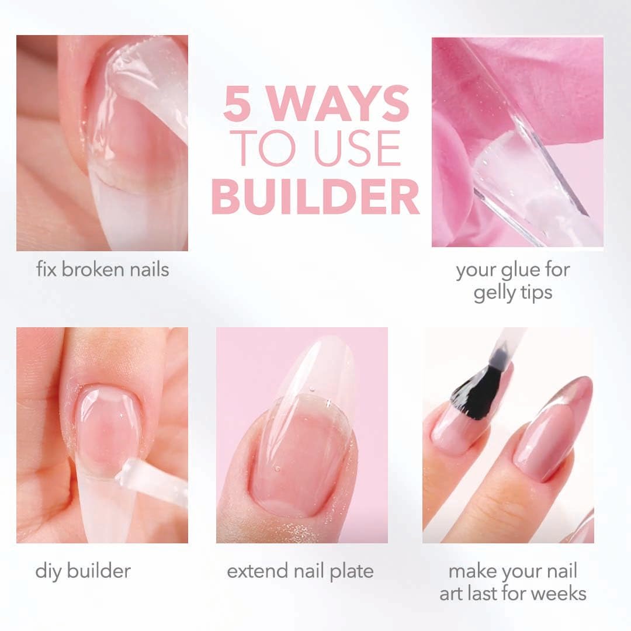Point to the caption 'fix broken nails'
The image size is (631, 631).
pyautogui.click(x=102, y=270)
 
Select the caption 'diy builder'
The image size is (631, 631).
pyautogui.click(x=83, y=571)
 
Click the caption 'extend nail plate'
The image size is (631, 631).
pyautogui.click(x=300, y=571)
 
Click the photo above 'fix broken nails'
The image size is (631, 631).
pyautogui.click(x=102, y=143)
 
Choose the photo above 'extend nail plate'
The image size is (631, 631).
pyautogui.click(x=301, y=435)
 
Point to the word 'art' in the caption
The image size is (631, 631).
pyautogui.click(x=452, y=593)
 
